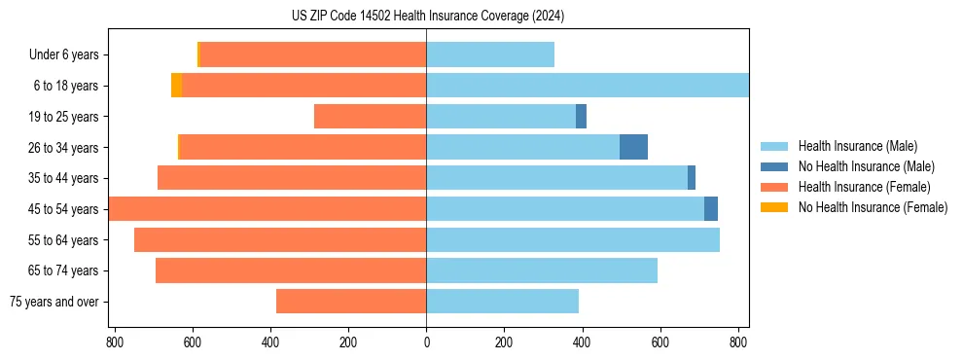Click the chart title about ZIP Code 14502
(428, 16)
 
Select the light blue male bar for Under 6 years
(490, 54)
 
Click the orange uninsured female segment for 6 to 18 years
(176, 86)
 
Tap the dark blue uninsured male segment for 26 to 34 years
(633, 147)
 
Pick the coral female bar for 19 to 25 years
(370, 117)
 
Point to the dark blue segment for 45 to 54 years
(711, 208)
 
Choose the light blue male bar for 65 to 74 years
(542, 270)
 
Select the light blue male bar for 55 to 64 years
(573, 239)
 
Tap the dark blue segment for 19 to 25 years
(581, 117)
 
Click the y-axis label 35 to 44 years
(64, 178)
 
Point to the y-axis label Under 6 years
(63, 55)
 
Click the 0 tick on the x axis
(426, 342)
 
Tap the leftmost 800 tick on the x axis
(115, 342)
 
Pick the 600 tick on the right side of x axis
(660, 342)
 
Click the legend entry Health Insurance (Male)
(857, 146)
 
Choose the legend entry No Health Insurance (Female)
(873, 207)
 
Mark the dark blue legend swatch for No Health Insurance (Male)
(774, 166)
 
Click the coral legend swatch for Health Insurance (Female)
(774, 187)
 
